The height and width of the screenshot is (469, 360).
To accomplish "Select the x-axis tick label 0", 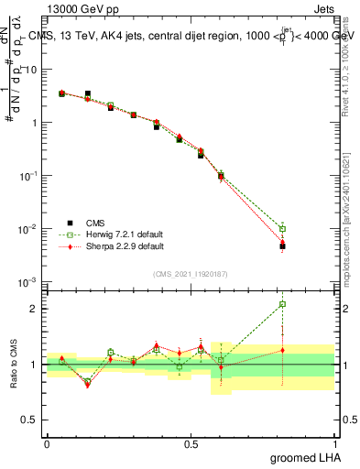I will [47, 443].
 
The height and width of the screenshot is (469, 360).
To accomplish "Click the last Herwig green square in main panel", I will [283, 229].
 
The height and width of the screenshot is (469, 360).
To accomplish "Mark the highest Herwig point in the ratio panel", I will [283, 304].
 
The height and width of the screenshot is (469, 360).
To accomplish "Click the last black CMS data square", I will [283, 246].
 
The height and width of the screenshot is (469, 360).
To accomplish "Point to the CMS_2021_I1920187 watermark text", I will [191, 273].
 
